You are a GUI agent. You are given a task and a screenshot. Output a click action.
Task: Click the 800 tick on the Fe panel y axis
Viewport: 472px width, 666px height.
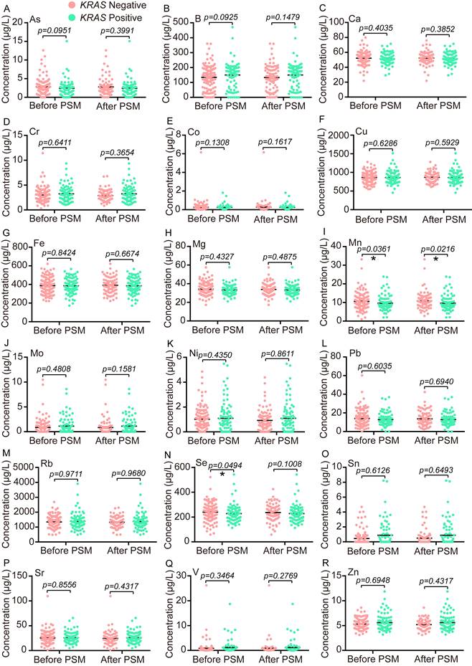coord(37,243)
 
